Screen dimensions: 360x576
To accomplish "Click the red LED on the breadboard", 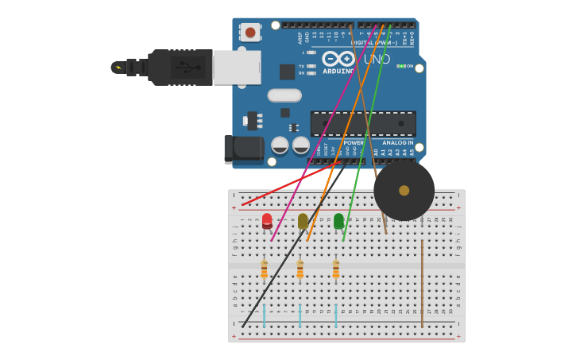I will coord(267,220).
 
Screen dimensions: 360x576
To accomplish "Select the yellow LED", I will coord(303,221).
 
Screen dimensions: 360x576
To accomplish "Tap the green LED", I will coord(338,220).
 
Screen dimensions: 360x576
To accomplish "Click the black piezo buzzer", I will coord(404,191).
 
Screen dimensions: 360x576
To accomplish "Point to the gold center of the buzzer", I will coord(404,191).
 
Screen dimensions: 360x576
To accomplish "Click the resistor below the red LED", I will coord(264,270).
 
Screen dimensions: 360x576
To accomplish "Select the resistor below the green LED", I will coord(335,270).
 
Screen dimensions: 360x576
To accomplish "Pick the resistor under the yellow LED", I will coord(300,270).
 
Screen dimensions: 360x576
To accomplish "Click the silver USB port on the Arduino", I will coord(238,68).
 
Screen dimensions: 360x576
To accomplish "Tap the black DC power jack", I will coord(243,149).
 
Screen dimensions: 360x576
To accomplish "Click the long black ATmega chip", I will coord(363,123).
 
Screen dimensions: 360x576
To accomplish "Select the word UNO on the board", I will coord(377,59).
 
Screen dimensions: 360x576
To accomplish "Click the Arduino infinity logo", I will coord(338,59).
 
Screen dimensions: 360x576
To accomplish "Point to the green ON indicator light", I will coord(402,66).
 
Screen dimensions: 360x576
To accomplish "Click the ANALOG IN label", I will coord(397,143).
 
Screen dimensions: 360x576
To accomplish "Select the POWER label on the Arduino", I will coord(354,143).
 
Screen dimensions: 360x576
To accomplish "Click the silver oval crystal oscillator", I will coord(284,95).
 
